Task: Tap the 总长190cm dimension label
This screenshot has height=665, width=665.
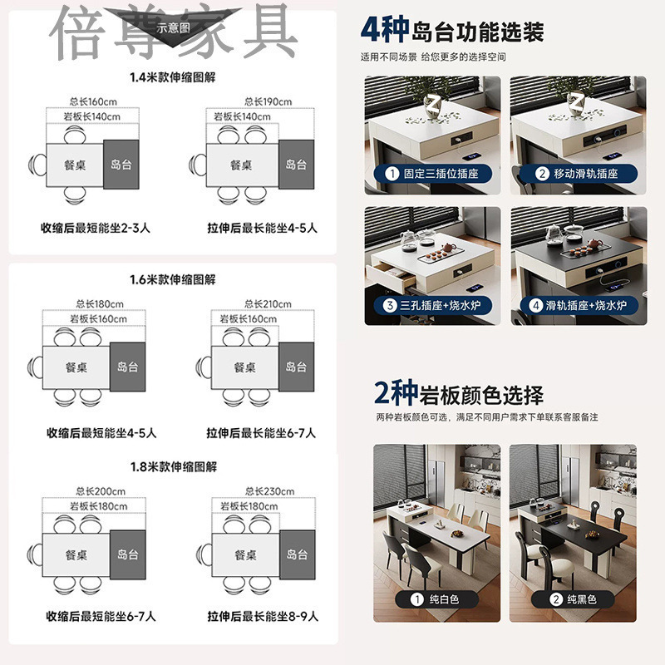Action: point(268,102)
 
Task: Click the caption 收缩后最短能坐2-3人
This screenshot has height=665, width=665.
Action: point(99,227)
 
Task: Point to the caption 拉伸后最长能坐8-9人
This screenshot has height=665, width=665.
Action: point(263,617)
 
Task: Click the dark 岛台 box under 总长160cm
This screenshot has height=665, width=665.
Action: point(121,165)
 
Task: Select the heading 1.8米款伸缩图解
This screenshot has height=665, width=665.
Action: point(173,467)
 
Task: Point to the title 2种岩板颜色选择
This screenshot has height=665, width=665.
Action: point(459,393)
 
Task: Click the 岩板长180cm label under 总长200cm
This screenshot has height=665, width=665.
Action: point(98,506)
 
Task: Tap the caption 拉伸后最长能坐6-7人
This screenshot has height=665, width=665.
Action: point(263,433)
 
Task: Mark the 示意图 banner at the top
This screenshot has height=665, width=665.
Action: point(174,27)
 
